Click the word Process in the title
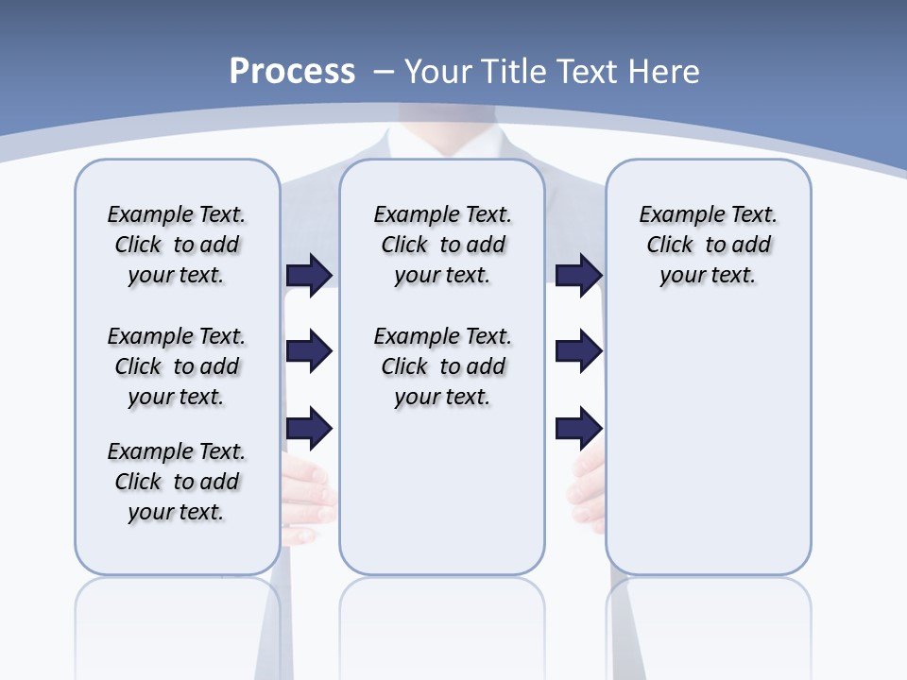click(x=292, y=72)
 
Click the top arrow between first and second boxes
click(x=309, y=275)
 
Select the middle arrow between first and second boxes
click(x=309, y=351)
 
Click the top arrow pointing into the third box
click(x=578, y=275)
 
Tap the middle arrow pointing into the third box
click(x=578, y=351)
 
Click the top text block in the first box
click(x=177, y=245)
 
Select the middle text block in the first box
click(x=177, y=366)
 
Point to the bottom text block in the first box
click(x=177, y=482)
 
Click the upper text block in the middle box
click(x=442, y=245)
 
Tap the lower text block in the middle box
click(x=442, y=366)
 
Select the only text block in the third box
click(x=708, y=245)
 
